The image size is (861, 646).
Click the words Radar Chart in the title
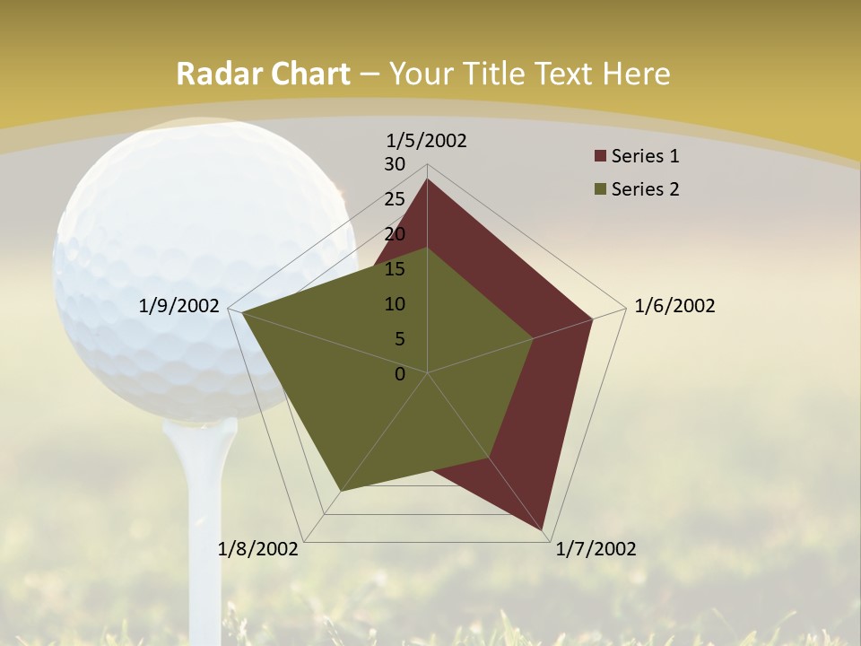pyautogui.click(x=263, y=74)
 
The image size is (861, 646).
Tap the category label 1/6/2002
pyautogui.click(x=674, y=306)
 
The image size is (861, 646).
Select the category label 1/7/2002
pyautogui.click(x=596, y=548)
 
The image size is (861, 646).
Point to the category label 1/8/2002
pyautogui.click(x=258, y=548)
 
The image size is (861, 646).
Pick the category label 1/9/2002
pyautogui.click(x=179, y=306)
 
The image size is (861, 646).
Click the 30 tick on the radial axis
pyautogui.click(x=395, y=164)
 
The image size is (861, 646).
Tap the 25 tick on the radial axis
pyautogui.click(x=395, y=199)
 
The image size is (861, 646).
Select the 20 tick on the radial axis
pyautogui.click(x=395, y=234)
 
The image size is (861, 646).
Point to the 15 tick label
pyautogui.click(x=395, y=269)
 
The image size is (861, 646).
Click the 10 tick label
pyautogui.click(x=395, y=304)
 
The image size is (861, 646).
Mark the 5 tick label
pyautogui.click(x=399, y=339)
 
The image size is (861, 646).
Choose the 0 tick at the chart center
pyautogui.click(x=400, y=374)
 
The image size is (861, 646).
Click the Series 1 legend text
pyautogui.click(x=645, y=156)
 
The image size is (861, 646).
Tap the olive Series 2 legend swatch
pyautogui.click(x=600, y=189)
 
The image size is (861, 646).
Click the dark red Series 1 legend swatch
pyautogui.click(x=600, y=156)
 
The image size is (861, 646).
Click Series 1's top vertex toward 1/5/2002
pyautogui.click(x=427, y=179)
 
